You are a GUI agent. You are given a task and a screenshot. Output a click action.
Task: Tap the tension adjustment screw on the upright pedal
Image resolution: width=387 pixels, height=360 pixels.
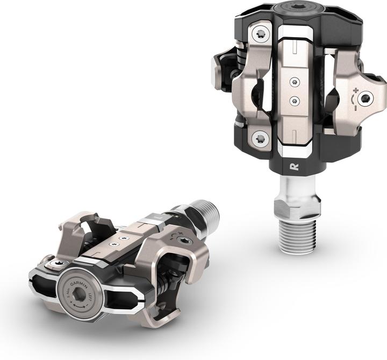pos(367,98)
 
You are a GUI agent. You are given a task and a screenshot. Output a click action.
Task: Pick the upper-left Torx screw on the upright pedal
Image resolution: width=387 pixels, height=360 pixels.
pos(260,33)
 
